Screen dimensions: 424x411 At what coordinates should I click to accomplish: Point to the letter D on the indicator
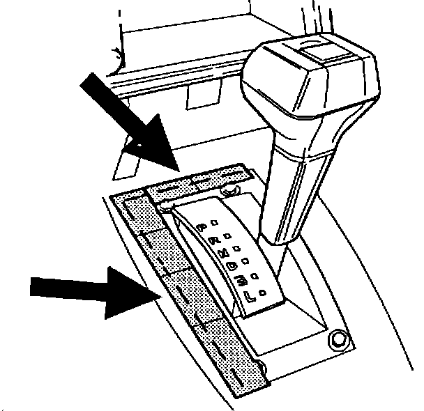(232, 266)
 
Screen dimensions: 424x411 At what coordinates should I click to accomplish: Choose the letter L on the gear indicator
(249, 296)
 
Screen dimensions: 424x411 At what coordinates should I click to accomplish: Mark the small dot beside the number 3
(256, 274)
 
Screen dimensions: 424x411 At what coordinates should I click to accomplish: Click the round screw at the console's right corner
(339, 339)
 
